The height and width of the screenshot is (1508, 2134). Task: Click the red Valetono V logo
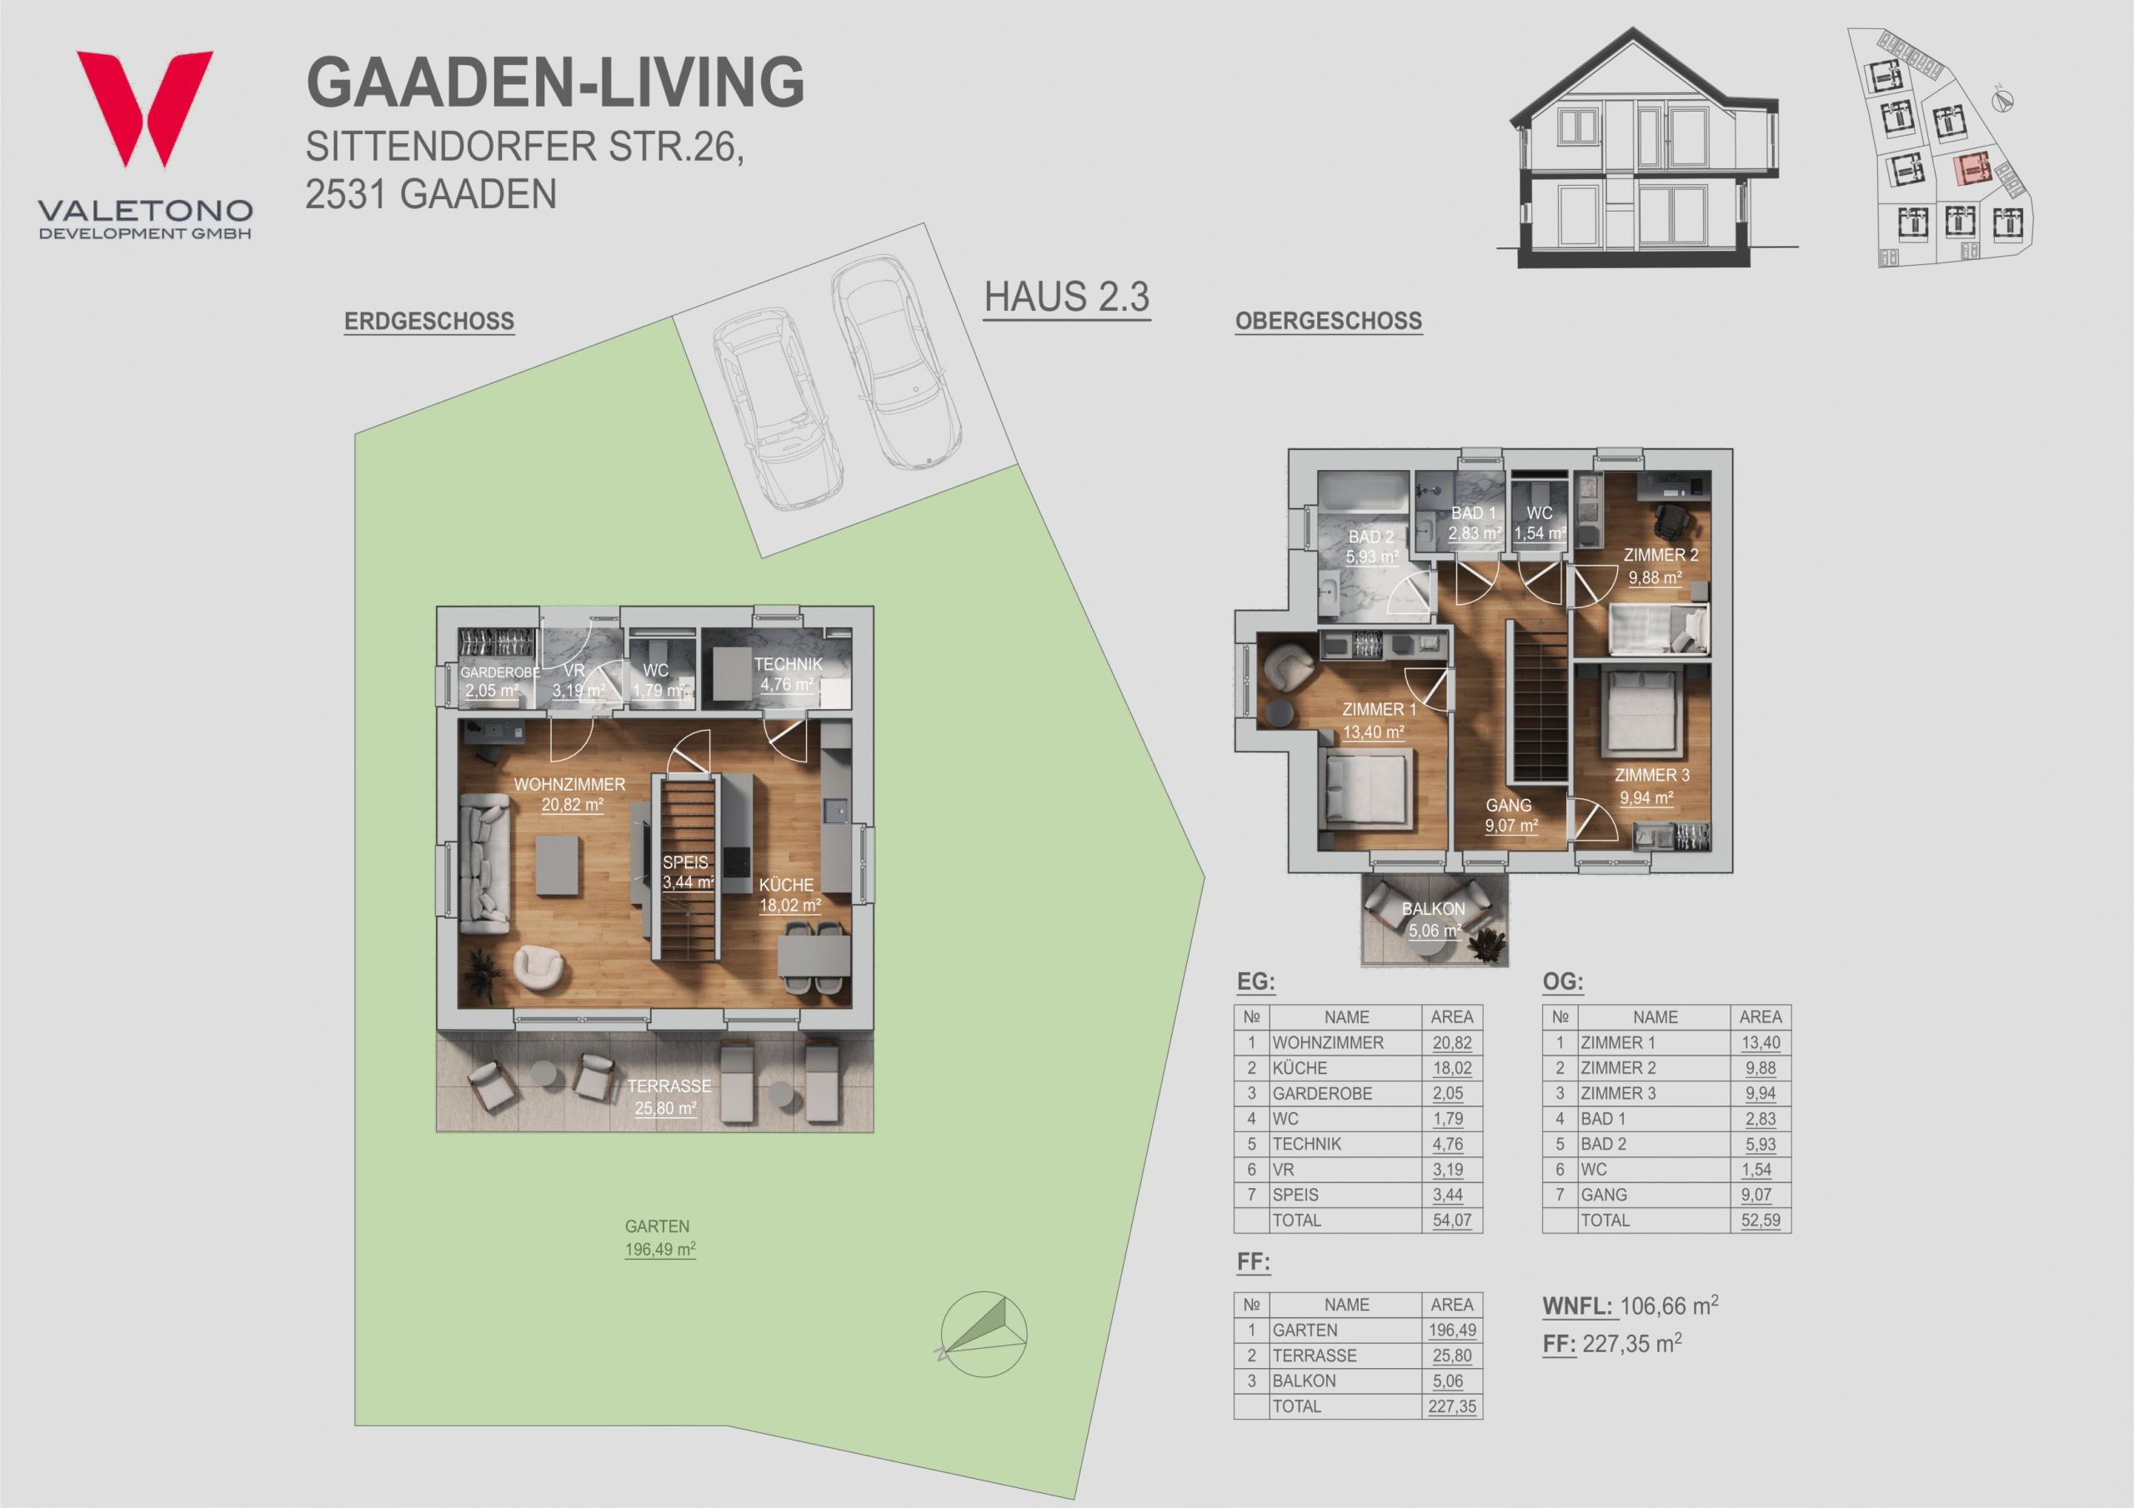point(144,107)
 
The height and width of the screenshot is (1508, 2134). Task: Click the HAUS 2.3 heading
point(1067,297)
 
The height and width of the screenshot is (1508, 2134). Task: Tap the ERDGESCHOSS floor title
point(428,322)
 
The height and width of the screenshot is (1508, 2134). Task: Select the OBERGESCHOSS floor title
point(1328,322)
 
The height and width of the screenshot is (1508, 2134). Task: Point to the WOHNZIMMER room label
point(569,784)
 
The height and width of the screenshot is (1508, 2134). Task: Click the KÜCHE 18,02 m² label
point(789,895)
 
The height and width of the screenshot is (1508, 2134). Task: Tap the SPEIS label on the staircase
point(685,862)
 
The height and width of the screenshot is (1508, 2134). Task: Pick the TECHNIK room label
point(789,664)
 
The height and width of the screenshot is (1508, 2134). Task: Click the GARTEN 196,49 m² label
point(659,1237)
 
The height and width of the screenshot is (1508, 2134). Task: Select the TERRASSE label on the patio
point(669,1086)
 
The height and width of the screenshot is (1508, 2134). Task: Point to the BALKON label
point(1433,909)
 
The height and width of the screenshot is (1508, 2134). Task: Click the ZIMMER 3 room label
point(1651,775)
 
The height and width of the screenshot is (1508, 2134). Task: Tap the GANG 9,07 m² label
point(1510,816)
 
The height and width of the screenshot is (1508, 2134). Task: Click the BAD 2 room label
point(1371,537)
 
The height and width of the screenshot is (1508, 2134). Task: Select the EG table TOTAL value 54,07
point(1452,1220)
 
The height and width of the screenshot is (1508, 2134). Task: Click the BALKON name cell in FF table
point(1304,1381)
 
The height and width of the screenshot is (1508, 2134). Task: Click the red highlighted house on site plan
point(1971,170)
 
